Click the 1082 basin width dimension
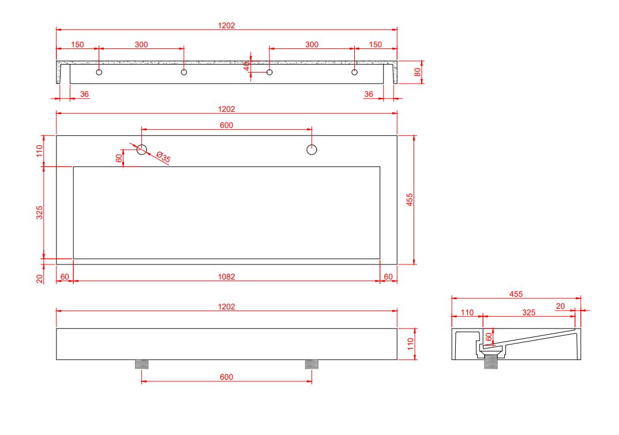[226, 277]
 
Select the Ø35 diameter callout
[163, 157]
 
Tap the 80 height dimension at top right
[417, 72]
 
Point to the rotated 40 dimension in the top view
[247, 66]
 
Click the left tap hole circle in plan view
[142, 149]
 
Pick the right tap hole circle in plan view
[312, 149]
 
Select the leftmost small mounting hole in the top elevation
[99, 72]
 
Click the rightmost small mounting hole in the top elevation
[355, 72]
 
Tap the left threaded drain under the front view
[142, 364]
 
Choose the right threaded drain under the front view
[312, 364]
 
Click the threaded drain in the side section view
[491, 362]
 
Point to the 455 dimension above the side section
[516, 294]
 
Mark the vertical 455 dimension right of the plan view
[410, 199]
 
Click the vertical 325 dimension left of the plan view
[39, 213]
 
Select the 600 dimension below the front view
[226, 377]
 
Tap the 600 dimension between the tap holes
[226, 126]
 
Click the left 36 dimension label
[84, 94]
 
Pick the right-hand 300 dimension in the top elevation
[312, 44]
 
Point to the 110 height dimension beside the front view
[411, 344]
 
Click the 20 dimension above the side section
[560, 306]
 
